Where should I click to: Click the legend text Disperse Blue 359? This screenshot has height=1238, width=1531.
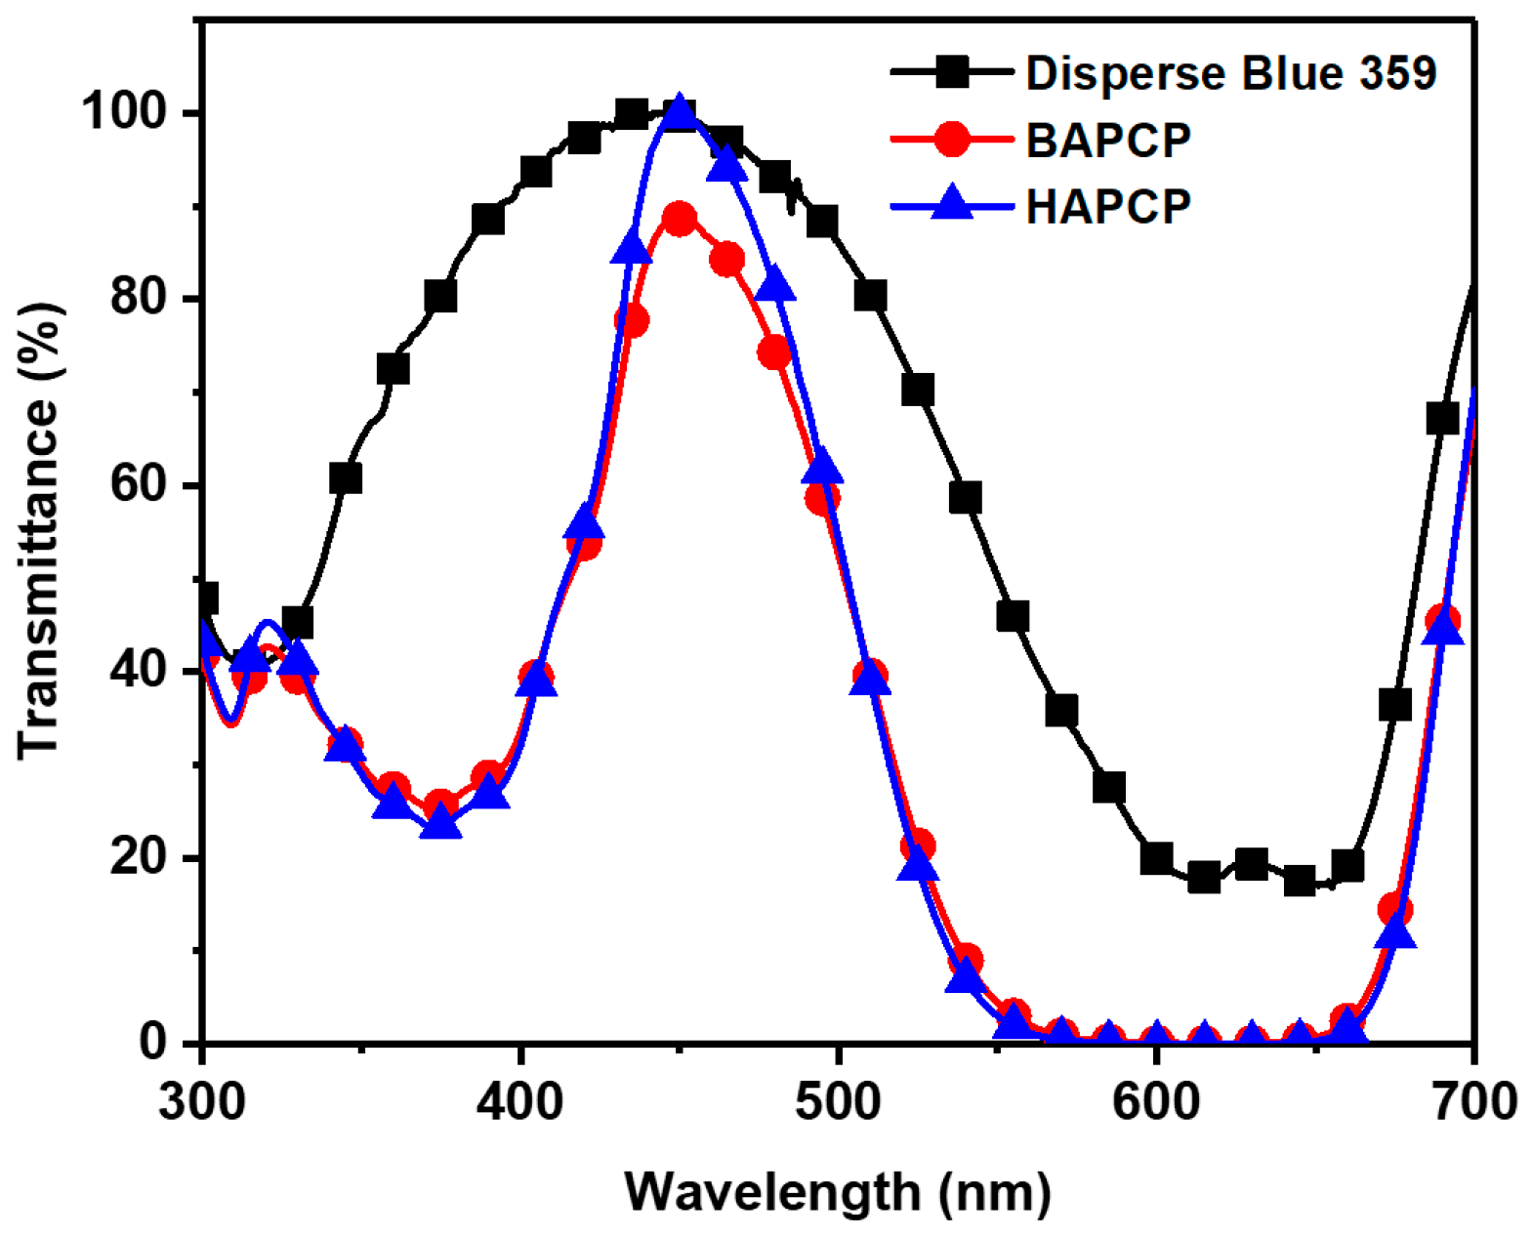[1230, 73]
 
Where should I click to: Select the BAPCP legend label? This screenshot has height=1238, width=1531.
[1108, 140]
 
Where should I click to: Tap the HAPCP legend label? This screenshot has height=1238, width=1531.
[1108, 205]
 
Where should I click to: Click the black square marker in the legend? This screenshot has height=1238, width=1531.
[952, 72]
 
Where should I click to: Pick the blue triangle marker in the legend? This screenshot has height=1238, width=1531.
[952, 205]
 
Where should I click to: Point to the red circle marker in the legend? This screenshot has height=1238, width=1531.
[952, 140]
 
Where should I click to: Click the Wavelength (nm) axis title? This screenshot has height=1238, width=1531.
[838, 1192]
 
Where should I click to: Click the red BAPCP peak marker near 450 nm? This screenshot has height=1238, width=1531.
[680, 219]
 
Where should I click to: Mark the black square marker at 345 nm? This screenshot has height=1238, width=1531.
[346, 478]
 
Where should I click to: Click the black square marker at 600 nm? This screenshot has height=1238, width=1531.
[1156, 858]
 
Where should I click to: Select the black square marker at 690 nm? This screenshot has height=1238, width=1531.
[1442, 419]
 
